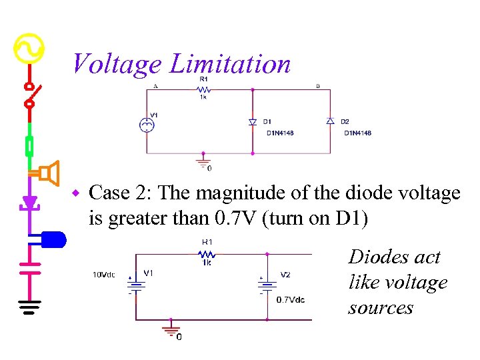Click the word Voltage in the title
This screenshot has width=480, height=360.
pyautogui.click(x=117, y=64)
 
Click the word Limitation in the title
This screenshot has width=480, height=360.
pyautogui.click(x=230, y=64)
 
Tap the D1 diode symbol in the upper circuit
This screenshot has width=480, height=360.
pyautogui.click(x=252, y=122)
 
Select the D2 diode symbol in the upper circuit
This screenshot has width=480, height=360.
pyautogui.click(x=329, y=121)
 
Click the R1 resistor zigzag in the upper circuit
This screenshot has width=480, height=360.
pyautogui.click(x=203, y=89)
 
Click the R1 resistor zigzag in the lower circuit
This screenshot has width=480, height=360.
pyautogui.click(x=207, y=254)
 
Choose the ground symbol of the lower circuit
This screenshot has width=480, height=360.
pyautogui.click(x=171, y=329)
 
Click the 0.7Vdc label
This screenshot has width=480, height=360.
pyautogui.click(x=291, y=300)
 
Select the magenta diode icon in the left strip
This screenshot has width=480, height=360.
pyautogui.click(x=29, y=202)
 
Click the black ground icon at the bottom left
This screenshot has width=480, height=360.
pyautogui.click(x=29, y=306)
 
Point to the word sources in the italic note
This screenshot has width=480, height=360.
pyautogui.click(x=380, y=308)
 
